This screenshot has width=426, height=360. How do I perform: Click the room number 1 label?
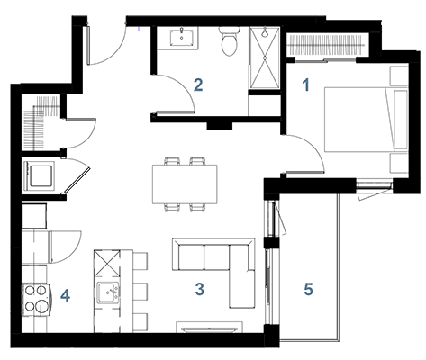pyautogui.click(x=306, y=85)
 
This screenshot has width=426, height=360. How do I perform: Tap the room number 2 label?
pyautogui.click(x=198, y=85)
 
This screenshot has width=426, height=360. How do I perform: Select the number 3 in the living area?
pyautogui.click(x=200, y=289)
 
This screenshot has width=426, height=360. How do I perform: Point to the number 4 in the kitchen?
pyautogui.click(x=65, y=295)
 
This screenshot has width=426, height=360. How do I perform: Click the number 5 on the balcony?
pyautogui.click(x=308, y=289)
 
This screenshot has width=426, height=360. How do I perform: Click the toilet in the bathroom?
pyautogui.click(x=229, y=41)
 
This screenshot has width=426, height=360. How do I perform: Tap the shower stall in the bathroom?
pyautogui.click(x=265, y=58)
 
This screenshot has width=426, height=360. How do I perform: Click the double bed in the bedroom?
pyautogui.click(x=367, y=120)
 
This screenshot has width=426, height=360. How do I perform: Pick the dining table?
pyautogui.click(x=185, y=184)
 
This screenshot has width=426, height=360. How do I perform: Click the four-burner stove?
pyautogui.click(x=36, y=300)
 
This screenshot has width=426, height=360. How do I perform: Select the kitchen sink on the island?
pyautogui.click(x=107, y=292)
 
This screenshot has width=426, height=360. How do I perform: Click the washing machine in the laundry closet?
pyautogui.click(x=39, y=176)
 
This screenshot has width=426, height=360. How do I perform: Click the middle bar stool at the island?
pyautogui.click(x=140, y=292)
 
